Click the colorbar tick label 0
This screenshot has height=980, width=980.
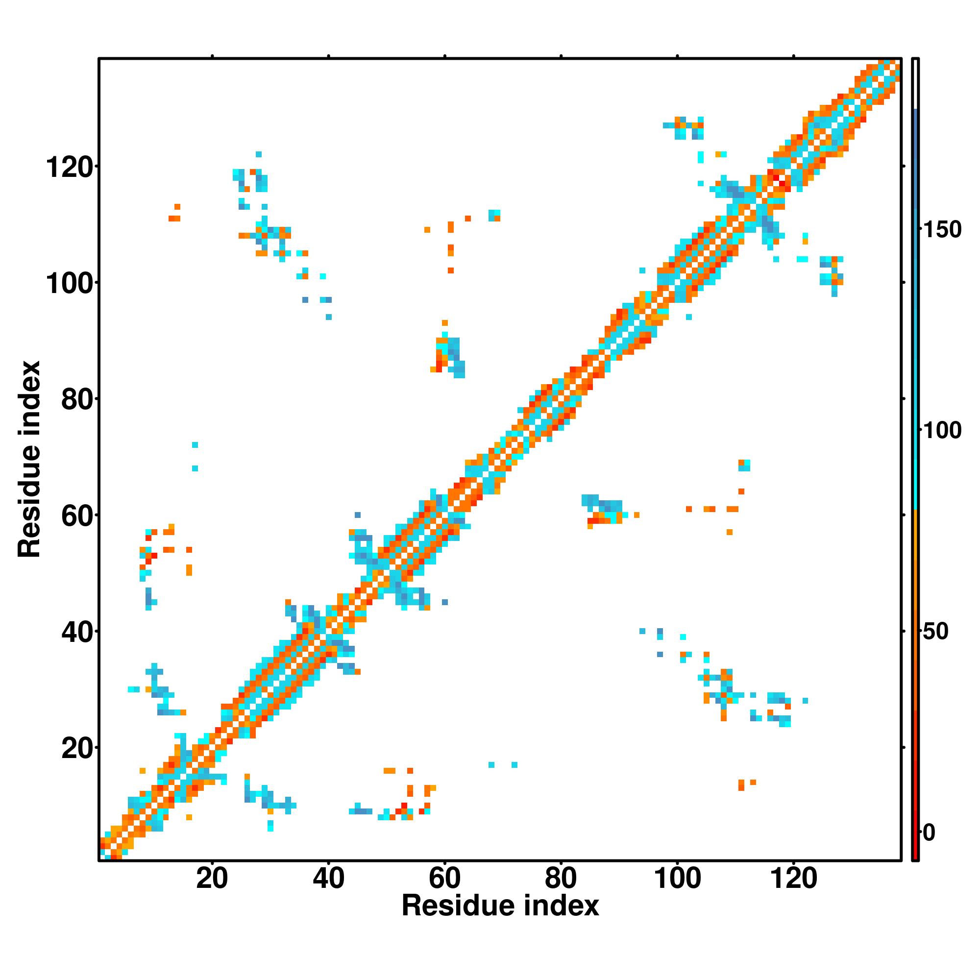[x=929, y=833]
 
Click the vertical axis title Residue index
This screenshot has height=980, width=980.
[x=29, y=459]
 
